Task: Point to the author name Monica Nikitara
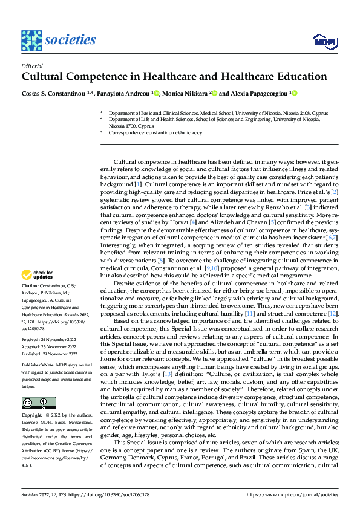[185, 94]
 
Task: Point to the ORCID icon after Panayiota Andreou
[156, 94]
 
